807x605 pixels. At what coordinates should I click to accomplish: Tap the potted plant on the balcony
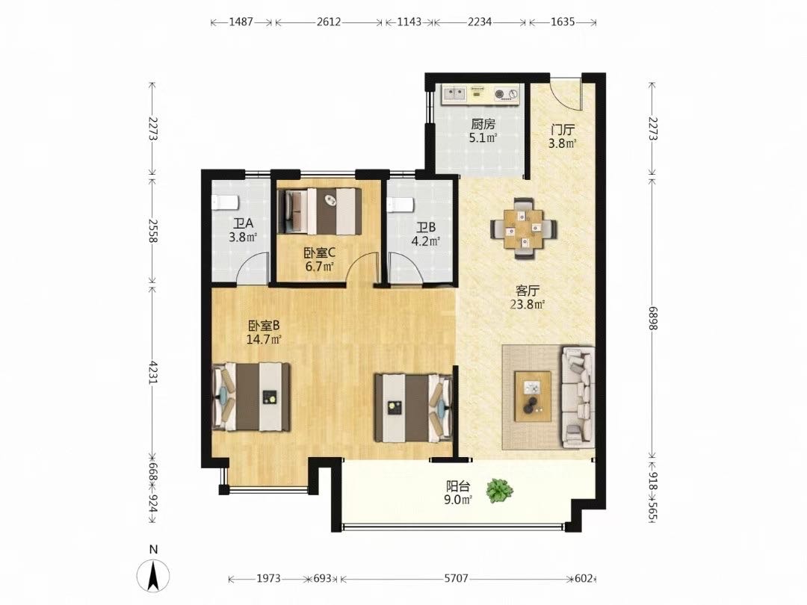click(x=498, y=490)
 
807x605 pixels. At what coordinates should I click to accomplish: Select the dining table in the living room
click(x=523, y=228)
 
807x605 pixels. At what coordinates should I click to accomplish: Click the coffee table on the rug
click(x=534, y=396)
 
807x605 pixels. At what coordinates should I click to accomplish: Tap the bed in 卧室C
click(x=319, y=211)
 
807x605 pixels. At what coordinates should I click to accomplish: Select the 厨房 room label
click(x=483, y=125)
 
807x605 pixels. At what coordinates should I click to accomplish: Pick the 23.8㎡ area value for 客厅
click(x=528, y=304)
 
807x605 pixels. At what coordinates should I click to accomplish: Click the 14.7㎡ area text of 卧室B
click(x=264, y=339)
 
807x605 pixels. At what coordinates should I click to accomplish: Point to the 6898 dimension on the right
click(x=652, y=314)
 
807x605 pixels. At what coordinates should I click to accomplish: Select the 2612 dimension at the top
click(x=329, y=22)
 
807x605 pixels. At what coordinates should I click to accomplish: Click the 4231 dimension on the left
click(x=153, y=371)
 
